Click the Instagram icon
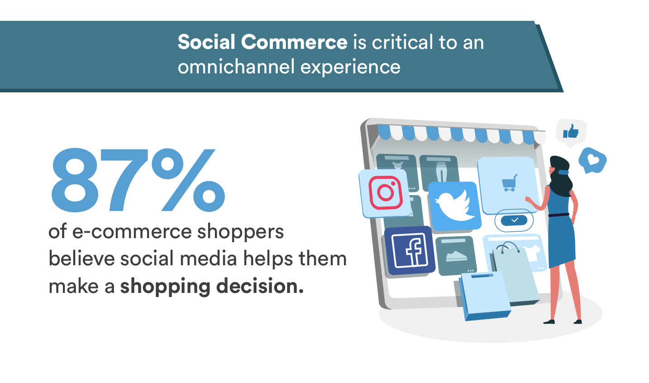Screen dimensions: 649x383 (x=386, y=193)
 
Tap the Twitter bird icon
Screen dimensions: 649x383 (x=454, y=205)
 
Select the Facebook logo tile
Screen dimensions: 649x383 (x=410, y=250)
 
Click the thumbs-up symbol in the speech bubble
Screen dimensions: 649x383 (x=571, y=131)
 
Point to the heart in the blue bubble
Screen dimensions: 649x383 (x=593, y=159)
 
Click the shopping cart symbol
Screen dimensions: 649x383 (x=509, y=183)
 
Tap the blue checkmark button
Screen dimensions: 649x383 (x=514, y=220)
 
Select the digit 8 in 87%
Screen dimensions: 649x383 (x=75, y=180)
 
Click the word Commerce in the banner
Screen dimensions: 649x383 (x=294, y=42)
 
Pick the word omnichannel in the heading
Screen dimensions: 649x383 (x=236, y=67)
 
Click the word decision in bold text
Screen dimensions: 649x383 (x=260, y=286)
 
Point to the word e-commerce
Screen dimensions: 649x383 (x=132, y=232)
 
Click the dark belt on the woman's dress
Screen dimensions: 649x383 (x=558, y=215)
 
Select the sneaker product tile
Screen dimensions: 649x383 (x=456, y=255)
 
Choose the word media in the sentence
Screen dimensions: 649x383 (x=208, y=258)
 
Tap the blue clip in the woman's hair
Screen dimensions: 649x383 (x=563, y=172)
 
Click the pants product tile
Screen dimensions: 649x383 (x=439, y=172)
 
